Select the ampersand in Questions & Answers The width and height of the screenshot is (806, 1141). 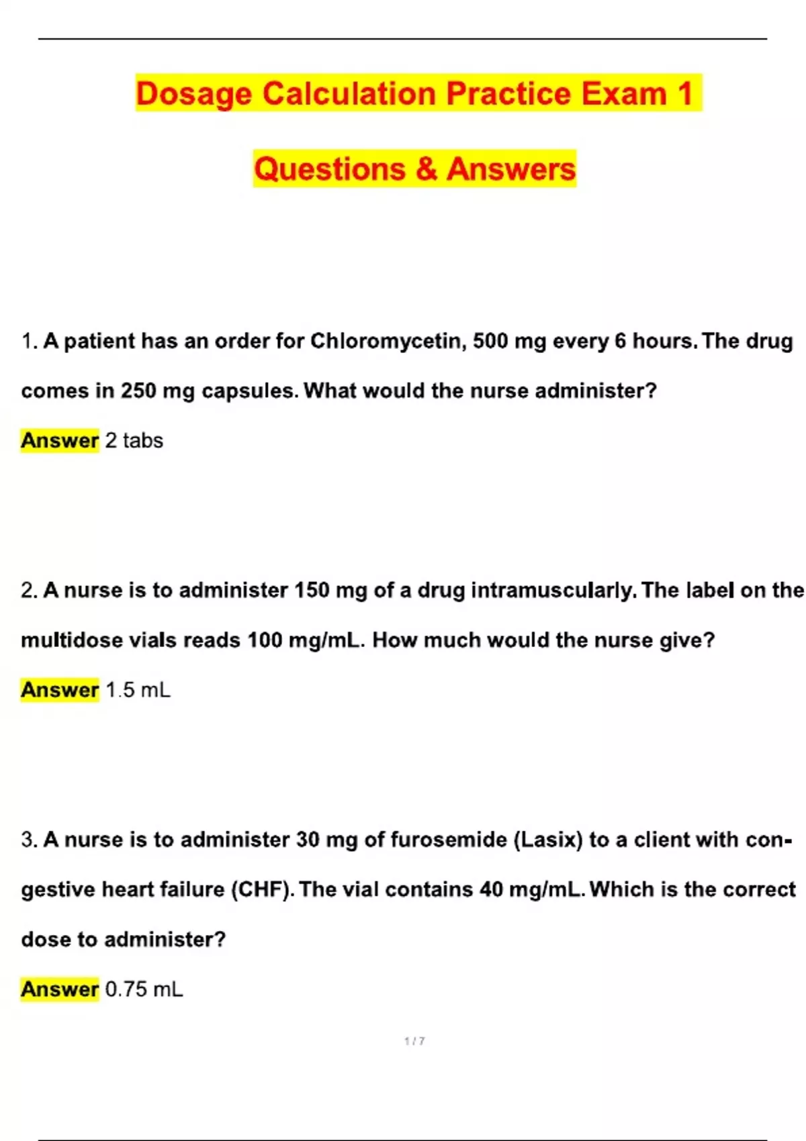[426, 168]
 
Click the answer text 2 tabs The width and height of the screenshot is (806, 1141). [134, 440]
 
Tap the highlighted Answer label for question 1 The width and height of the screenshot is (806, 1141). [60, 440]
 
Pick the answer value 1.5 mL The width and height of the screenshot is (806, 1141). [138, 689]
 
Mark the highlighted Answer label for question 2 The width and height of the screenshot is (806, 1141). [60, 689]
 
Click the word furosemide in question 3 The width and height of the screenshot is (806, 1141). [448, 840]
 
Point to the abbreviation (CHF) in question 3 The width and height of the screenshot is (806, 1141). [263, 889]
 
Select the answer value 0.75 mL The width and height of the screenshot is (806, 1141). [144, 989]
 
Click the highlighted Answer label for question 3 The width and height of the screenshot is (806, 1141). [60, 989]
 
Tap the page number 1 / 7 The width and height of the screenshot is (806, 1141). [414, 1041]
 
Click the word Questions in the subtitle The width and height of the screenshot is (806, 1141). [329, 168]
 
